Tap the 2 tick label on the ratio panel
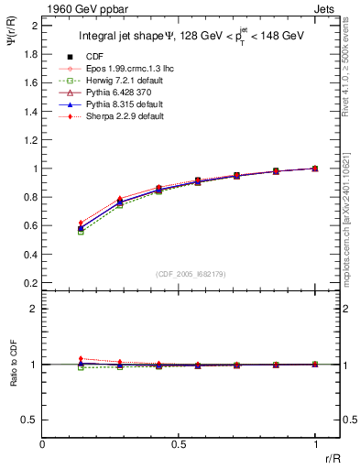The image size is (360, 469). pyautogui.click(x=34, y=309)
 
